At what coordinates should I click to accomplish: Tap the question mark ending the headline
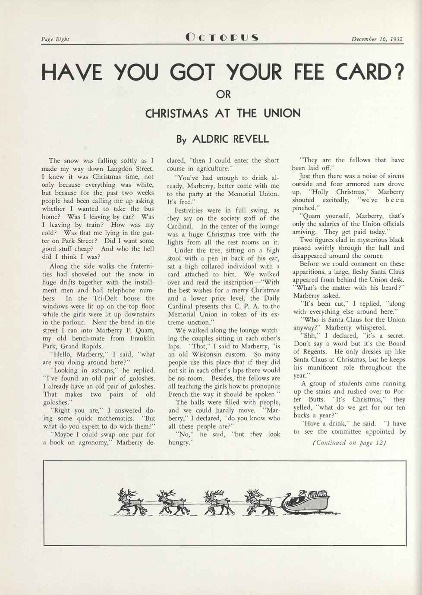[x=399, y=72]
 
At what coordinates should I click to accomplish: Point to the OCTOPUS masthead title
[x=222, y=38]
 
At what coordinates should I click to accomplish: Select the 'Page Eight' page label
[x=55, y=39]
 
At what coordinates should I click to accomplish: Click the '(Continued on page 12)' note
[x=349, y=443]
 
